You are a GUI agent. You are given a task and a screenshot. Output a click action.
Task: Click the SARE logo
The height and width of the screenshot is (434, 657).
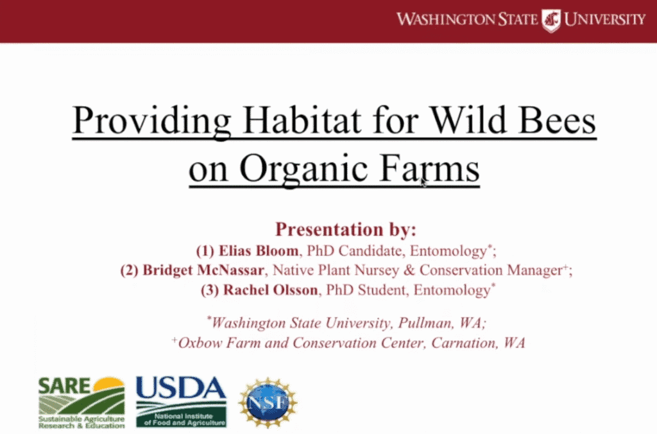point(81,403)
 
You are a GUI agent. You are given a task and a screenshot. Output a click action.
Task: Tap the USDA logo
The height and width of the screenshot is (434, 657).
point(181,402)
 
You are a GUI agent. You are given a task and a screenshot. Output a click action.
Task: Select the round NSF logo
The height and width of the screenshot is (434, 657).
point(268,402)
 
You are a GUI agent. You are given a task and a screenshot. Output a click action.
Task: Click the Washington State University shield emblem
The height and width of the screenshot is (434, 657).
point(550,20)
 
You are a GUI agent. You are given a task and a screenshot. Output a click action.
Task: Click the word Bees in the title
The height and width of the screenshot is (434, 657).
point(557,120)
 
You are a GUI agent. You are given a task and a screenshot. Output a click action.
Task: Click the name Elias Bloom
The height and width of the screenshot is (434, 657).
point(259,251)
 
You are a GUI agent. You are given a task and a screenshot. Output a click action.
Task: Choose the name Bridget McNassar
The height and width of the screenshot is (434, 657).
point(203,270)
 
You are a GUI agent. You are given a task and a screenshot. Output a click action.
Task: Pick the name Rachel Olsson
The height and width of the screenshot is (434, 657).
point(270,290)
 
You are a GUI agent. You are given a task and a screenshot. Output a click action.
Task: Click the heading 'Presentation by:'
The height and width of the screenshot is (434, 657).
point(346,229)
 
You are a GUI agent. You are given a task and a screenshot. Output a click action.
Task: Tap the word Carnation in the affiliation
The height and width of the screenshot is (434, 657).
point(465,343)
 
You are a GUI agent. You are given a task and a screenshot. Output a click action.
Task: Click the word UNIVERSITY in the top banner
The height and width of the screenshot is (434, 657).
point(604,19)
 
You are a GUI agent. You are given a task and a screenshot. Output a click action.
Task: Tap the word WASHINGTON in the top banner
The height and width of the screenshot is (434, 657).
point(446,19)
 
